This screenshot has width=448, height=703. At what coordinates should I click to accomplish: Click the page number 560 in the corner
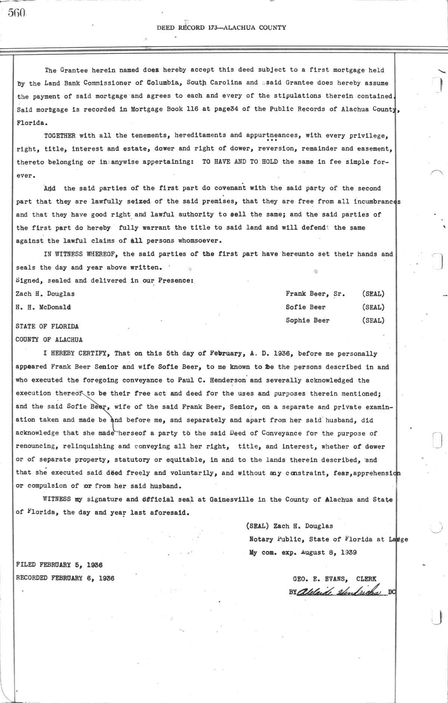click(17, 13)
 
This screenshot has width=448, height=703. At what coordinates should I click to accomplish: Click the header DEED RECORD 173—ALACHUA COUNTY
click(221, 27)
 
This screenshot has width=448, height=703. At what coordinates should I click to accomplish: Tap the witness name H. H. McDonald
click(43, 307)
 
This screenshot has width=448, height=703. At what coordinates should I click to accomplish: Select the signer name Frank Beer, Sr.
click(315, 294)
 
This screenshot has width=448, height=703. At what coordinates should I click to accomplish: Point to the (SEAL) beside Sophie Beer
click(373, 320)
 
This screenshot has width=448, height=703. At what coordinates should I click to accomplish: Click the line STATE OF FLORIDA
click(47, 326)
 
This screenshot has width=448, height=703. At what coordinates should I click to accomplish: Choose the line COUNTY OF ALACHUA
click(49, 340)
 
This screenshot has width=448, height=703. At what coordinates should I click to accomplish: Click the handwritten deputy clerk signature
click(339, 592)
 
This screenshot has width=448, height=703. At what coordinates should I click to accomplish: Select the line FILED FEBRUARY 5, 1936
click(59, 565)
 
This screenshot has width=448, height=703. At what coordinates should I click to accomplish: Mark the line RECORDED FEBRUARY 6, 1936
click(65, 578)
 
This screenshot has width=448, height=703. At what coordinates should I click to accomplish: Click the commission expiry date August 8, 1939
click(329, 552)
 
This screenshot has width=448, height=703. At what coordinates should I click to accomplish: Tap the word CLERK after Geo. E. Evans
click(366, 579)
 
